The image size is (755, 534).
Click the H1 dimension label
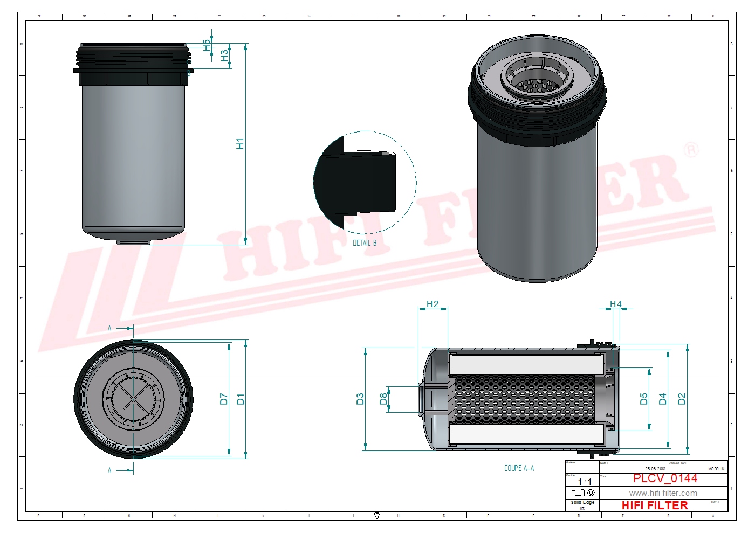(240, 144)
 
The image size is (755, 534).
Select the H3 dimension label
(224, 56)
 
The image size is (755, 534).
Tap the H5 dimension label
(207, 45)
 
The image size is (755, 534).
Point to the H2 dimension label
(433, 304)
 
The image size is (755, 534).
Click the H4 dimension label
(615, 304)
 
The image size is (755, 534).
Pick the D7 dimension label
(224, 399)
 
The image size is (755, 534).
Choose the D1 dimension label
(241, 399)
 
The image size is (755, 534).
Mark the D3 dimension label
(360, 399)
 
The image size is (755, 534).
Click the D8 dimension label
(383, 399)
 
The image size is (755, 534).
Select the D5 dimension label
(643, 399)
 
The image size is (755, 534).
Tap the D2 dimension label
(682, 399)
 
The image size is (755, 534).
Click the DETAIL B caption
(365, 243)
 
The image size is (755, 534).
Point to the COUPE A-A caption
(519, 468)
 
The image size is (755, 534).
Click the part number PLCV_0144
(665, 478)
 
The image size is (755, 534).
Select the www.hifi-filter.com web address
(663, 493)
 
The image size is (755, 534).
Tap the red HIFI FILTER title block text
(655, 505)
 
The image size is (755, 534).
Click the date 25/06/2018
(655, 469)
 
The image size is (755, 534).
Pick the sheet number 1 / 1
(585, 482)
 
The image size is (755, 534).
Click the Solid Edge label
(582, 502)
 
